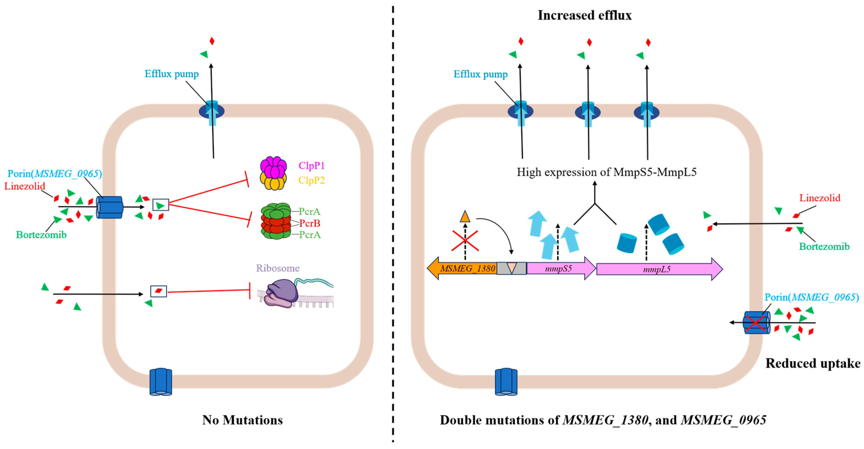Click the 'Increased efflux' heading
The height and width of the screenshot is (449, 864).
[584, 16]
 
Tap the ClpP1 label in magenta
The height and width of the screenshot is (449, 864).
[311, 166]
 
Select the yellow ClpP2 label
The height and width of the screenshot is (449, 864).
[311, 180]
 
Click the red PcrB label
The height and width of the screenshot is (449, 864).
[309, 223]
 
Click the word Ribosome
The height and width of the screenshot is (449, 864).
[277, 268]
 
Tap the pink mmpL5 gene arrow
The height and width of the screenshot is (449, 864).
[657, 269]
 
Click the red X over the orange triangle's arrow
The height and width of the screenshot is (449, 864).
[465, 240]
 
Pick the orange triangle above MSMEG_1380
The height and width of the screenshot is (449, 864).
[465, 217]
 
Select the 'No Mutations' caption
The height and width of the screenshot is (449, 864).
[242, 420]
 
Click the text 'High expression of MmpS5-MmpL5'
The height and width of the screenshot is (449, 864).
[606, 172]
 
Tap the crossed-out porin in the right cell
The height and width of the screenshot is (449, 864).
[756, 323]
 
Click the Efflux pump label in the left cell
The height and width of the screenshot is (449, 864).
[171, 74]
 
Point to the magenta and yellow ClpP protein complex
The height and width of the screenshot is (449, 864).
[273, 173]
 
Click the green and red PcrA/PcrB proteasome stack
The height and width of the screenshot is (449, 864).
[276, 221]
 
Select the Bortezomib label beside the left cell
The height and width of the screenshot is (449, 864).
[41, 235]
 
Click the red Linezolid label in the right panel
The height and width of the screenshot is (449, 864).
[819, 198]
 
